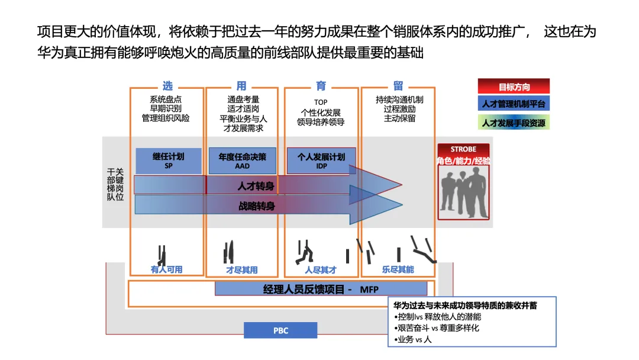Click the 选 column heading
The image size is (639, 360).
[167, 86]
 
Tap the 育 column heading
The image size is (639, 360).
[321, 86]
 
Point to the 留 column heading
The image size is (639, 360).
[398, 86]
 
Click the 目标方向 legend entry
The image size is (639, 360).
[514, 86]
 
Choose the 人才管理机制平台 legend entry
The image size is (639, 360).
[514, 104]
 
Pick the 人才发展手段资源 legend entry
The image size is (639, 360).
[514, 123]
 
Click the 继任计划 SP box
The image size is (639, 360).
[168, 161]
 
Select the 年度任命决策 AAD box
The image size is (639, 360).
[243, 161]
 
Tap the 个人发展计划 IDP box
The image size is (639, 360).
[321, 161]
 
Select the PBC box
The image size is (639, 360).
[280, 330]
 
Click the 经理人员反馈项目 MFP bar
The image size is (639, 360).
[320, 289]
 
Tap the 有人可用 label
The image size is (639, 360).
[167, 269]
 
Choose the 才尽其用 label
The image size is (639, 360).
[241, 269]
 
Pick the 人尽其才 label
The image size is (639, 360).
[321, 269]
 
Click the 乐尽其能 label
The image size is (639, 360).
[398, 269]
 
